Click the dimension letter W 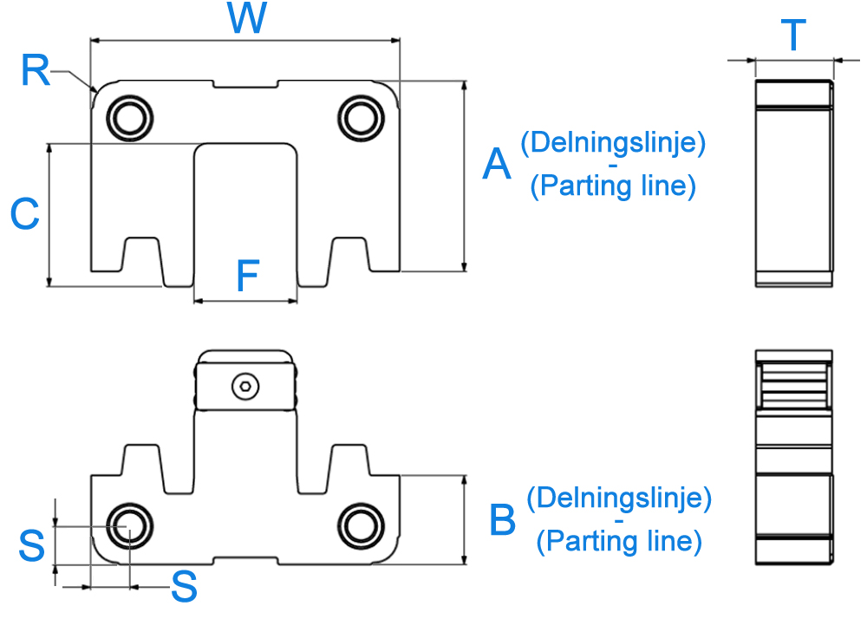[x=246, y=17]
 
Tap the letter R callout [x=36, y=71]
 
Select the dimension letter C [x=25, y=213]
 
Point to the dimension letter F [x=248, y=276]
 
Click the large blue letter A [x=497, y=164]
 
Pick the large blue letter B [x=502, y=519]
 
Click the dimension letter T [x=793, y=35]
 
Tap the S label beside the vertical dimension [x=31, y=545]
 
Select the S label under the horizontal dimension [x=184, y=586]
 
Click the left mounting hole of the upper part [x=130, y=118]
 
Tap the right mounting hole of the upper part [x=361, y=118]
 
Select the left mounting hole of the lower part [x=130, y=526]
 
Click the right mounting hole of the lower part [x=361, y=526]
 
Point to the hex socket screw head [x=245, y=387]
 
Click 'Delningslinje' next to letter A [x=613, y=142]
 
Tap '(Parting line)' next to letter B [x=619, y=540]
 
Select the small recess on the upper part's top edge [x=245, y=84]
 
